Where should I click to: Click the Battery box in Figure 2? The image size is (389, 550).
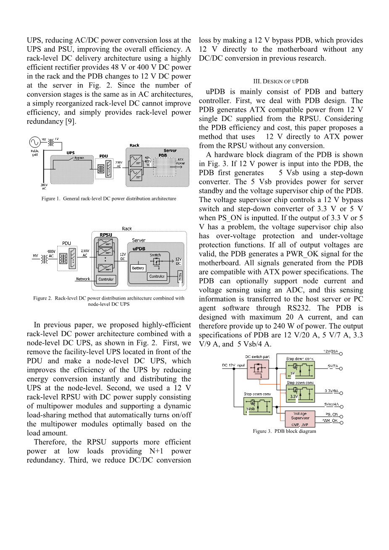[x=138, y=268]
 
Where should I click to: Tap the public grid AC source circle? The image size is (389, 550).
[x=35, y=143]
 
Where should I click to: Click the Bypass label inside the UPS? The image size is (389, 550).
[x=79, y=158]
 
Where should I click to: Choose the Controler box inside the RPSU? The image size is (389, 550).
[x=106, y=279]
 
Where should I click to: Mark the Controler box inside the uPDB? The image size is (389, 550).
[x=157, y=276]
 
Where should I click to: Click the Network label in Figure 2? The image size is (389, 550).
[x=83, y=279]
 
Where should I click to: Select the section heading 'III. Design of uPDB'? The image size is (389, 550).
[x=281, y=82]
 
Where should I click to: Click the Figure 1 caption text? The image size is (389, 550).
[x=108, y=199]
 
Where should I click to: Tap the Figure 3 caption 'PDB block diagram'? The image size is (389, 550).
[x=284, y=431]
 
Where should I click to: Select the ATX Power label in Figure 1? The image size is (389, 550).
[x=180, y=161]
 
